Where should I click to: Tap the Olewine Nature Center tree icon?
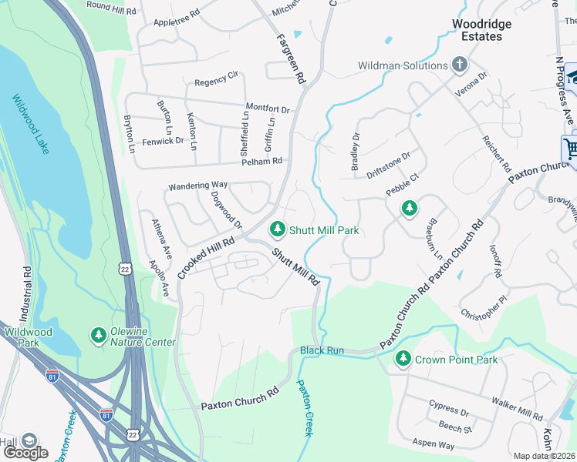click(98, 336)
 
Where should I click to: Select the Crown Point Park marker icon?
click(403, 359)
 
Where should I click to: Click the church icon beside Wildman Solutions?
click(460, 65)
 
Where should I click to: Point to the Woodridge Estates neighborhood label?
click(477, 30)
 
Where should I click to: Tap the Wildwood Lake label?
click(31, 124)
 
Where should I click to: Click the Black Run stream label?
click(322, 350)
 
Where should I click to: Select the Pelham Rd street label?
click(262, 161)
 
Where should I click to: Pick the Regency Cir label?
click(216, 79)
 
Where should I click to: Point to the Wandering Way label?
click(198, 186)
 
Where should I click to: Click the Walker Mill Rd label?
click(517, 409)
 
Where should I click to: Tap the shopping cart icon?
click(571, 148)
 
